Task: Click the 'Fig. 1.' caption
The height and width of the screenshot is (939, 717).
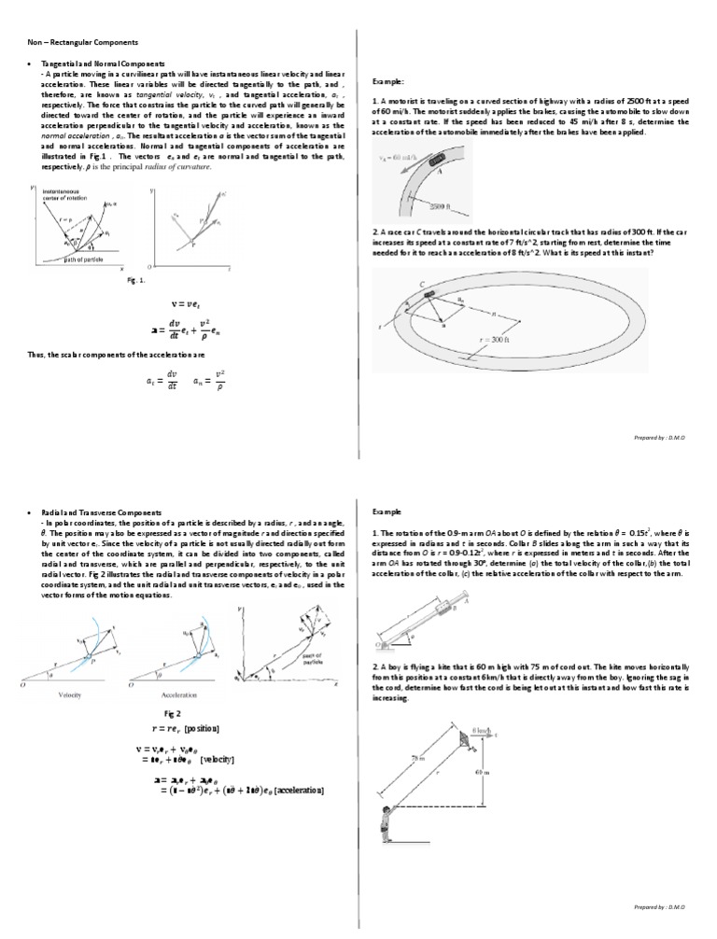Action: point(137,279)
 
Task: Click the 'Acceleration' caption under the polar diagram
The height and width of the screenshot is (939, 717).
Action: point(175,694)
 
